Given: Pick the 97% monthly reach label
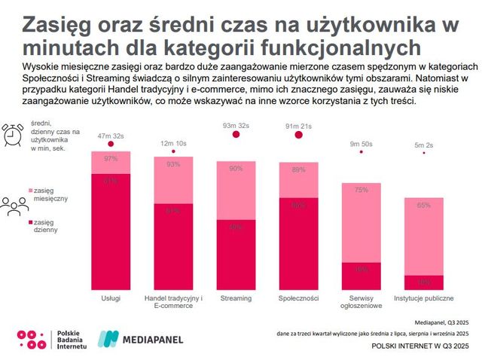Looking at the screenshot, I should pyautogui.click(x=111, y=158).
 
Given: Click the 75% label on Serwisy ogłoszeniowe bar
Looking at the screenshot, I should pyautogui.click(x=361, y=190).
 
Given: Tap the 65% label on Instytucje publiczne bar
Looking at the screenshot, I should pyautogui.click(x=423, y=205).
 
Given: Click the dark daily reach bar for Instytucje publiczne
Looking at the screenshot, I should pyautogui.click(x=423, y=282).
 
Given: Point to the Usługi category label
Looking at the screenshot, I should pyautogui.click(x=111, y=298).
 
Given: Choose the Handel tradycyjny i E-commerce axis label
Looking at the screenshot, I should pyautogui.click(x=173, y=302).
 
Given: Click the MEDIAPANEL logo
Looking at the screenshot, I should pyautogui.click(x=138, y=340).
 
